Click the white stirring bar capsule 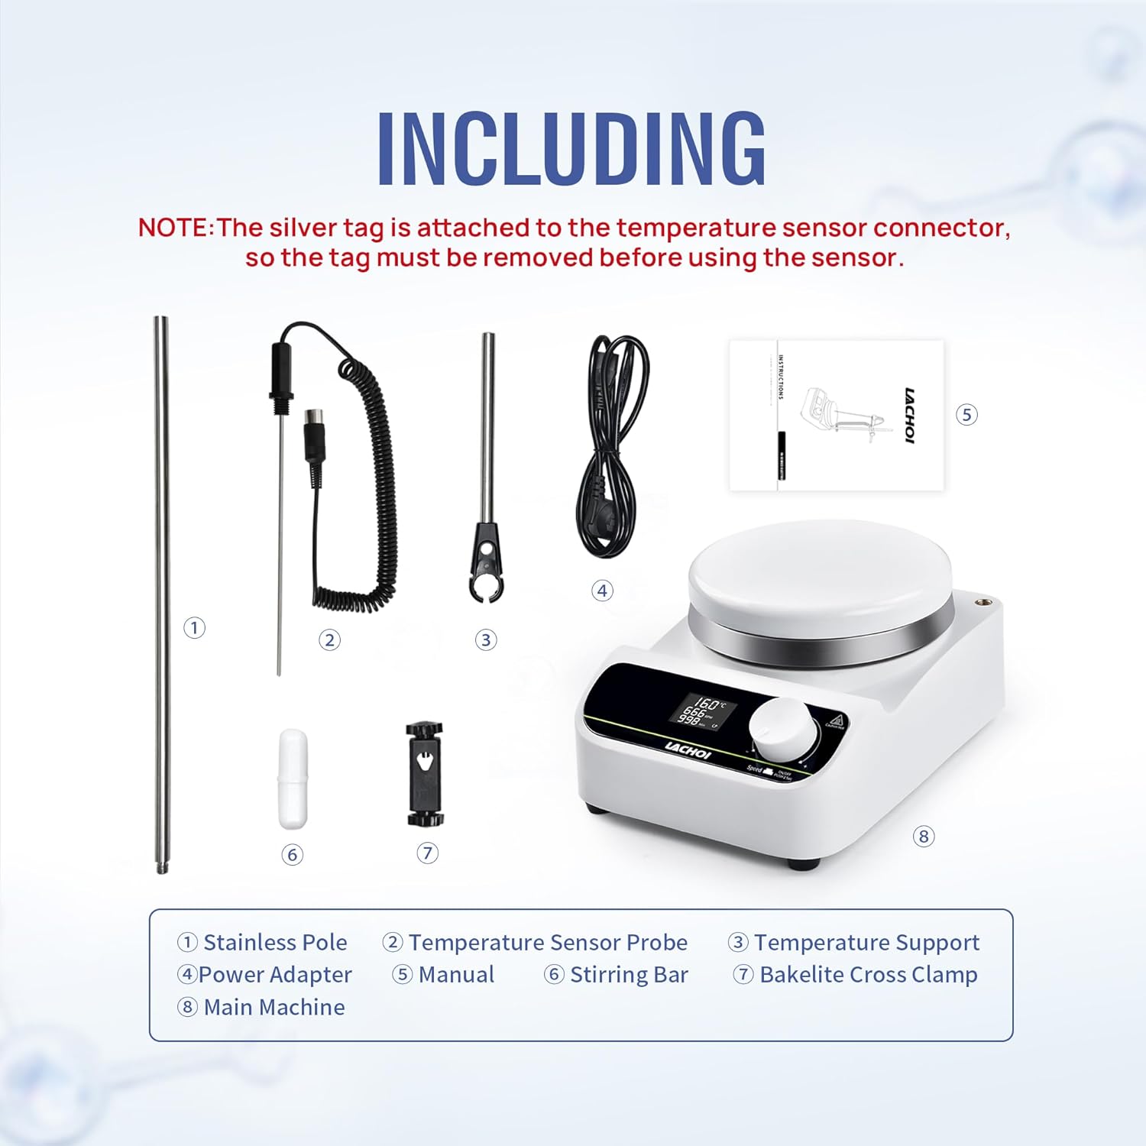pos(293,779)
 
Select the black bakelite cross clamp pos(425,774)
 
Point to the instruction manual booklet pos(837,415)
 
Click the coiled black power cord pos(613,443)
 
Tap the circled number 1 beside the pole pos(194,628)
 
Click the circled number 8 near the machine pos(924,837)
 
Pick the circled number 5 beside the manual pos(966,415)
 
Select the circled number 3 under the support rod pos(486,640)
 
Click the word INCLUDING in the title pos(571,149)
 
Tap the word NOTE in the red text pos(173,228)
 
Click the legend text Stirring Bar pos(628,975)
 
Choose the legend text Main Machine pos(274,1008)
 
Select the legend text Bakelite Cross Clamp pos(868,975)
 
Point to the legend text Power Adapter pos(274,975)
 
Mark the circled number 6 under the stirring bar pos(292,854)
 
